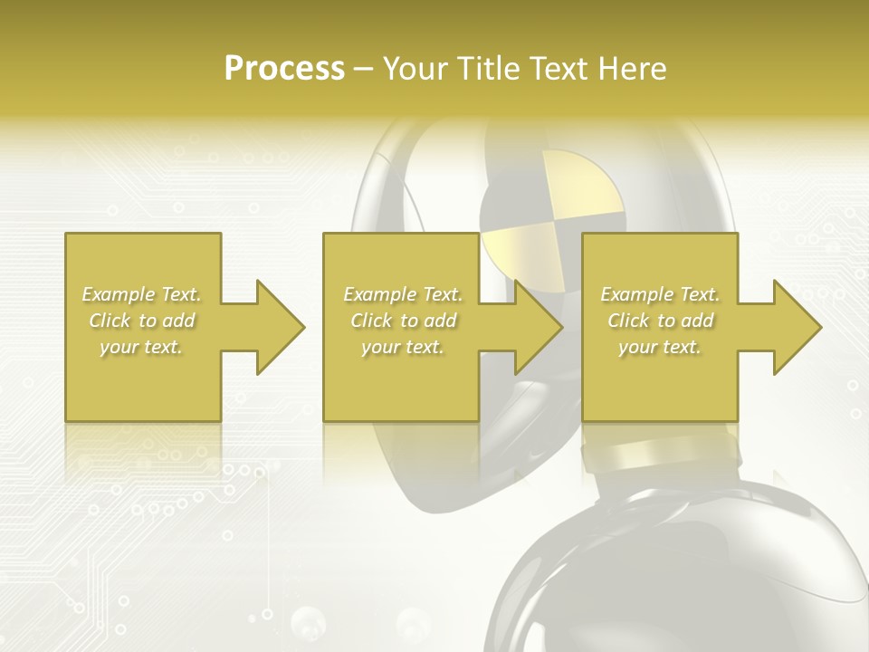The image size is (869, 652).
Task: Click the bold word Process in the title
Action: tap(284, 69)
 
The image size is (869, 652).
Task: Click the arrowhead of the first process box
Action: tap(281, 327)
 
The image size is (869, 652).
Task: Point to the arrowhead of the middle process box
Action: tap(539, 327)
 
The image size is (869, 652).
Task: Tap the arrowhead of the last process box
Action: tap(797, 327)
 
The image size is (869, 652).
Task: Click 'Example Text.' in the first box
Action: tap(142, 294)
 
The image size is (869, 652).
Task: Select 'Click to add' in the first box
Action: tap(142, 321)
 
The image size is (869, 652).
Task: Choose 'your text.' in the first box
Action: tap(142, 347)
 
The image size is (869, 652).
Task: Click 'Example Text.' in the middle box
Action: tap(402, 294)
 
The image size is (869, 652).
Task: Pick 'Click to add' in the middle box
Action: tap(402, 321)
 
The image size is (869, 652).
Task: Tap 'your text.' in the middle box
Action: tap(402, 347)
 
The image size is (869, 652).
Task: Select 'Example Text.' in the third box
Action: tap(660, 294)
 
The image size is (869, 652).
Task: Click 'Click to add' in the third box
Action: tap(660, 321)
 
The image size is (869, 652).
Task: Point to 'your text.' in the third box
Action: tap(660, 347)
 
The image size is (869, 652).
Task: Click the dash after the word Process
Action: tap(364, 70)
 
